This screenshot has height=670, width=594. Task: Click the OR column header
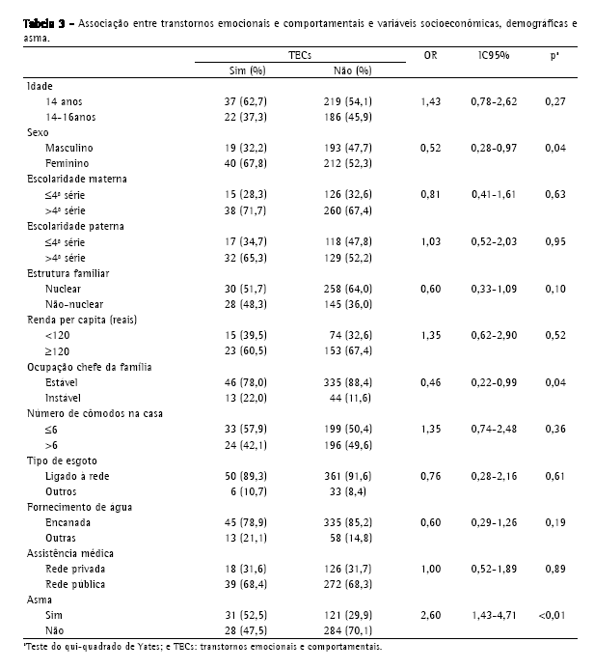coord(430,56)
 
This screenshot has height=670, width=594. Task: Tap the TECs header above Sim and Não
coord(300,57)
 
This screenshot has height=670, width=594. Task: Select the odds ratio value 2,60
coord(430,614)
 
